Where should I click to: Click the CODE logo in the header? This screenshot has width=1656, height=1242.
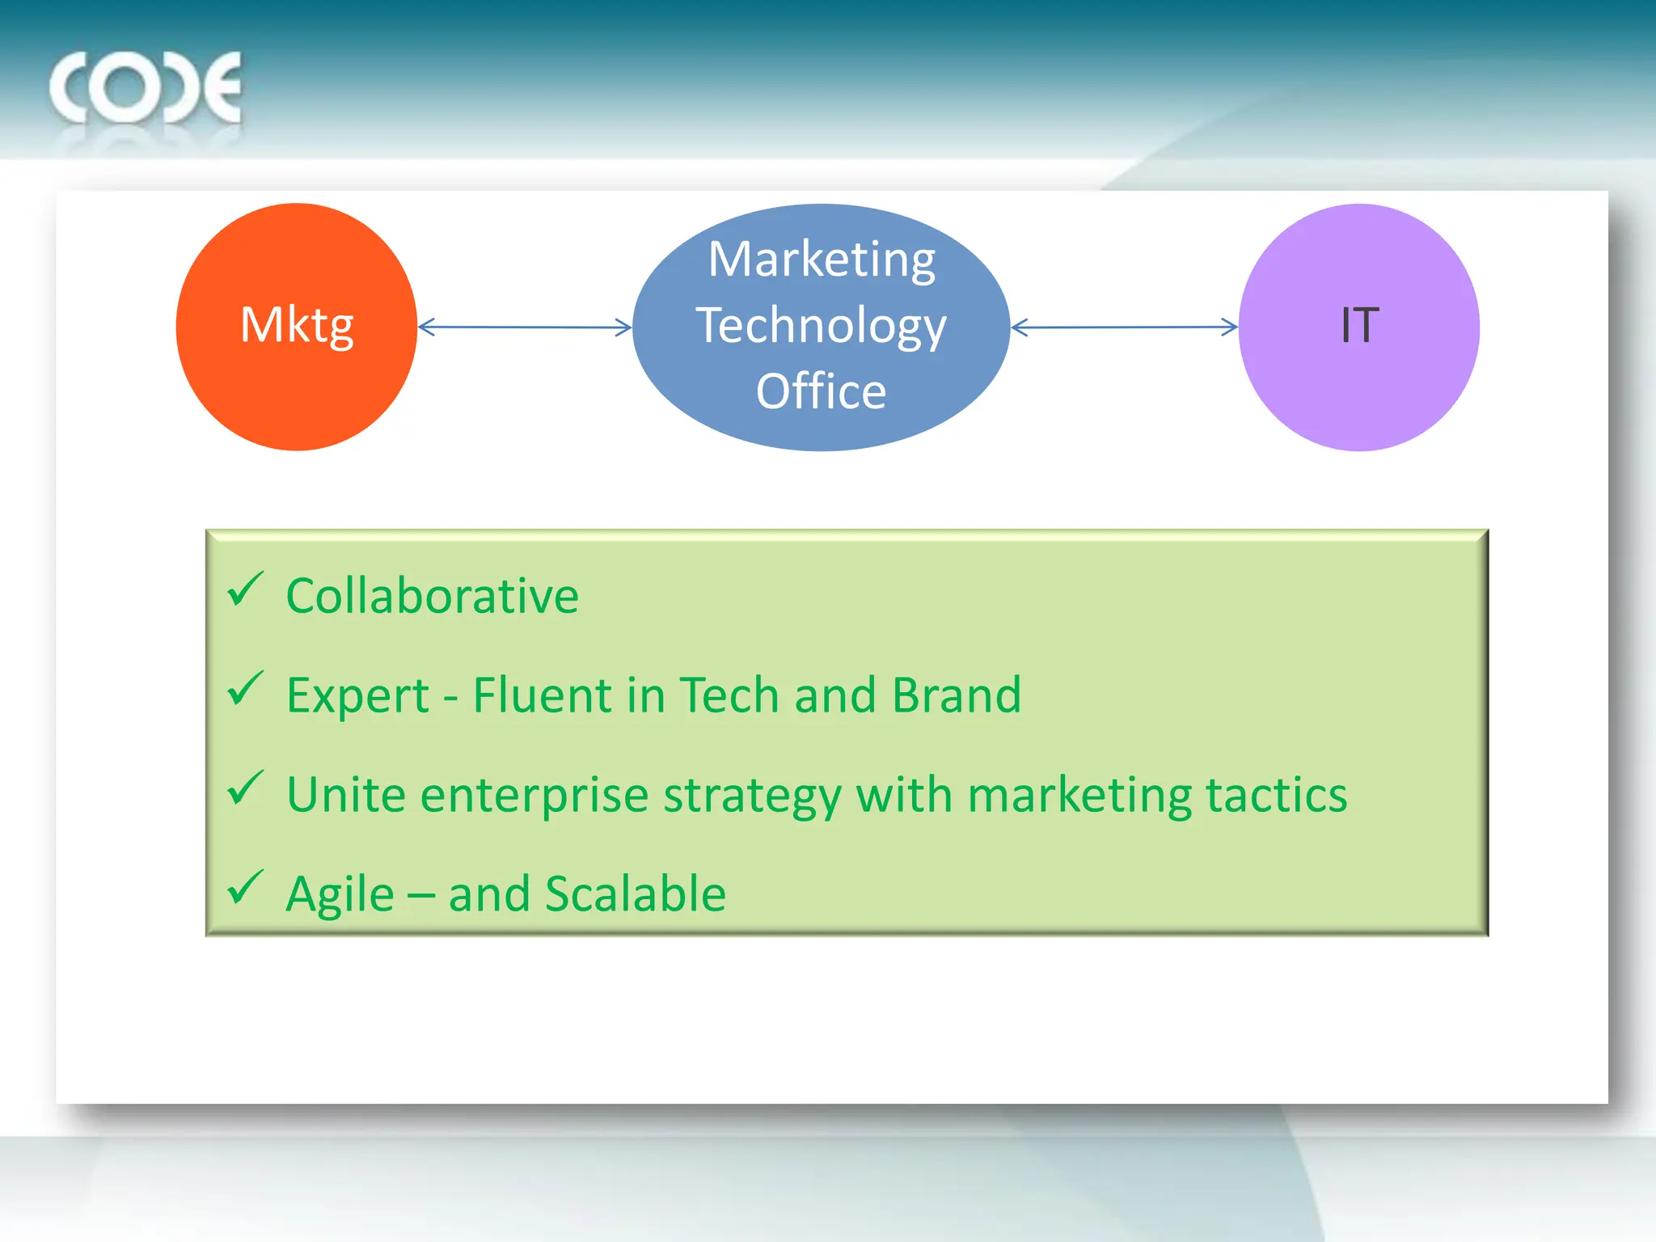click(146, 88)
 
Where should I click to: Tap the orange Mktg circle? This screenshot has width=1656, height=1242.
click(297, 327)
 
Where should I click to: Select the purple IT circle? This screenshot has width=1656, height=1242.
click(1359, 327)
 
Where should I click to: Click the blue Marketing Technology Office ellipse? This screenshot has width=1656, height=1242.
click(821, 327)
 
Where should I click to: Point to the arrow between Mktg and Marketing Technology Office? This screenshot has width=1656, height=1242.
click(525, 327)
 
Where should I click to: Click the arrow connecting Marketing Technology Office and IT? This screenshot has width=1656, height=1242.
click(1124, 327)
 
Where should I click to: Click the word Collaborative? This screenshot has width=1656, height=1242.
click(433, 597)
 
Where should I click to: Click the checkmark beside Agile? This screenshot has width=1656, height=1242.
click(245, 887)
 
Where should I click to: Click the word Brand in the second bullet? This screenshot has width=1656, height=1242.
click(957, 695)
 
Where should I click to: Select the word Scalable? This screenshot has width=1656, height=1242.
click(636, 894)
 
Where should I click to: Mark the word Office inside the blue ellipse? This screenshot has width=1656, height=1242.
click(821, 392)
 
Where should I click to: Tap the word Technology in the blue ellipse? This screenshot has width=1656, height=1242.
click(821, 326)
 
